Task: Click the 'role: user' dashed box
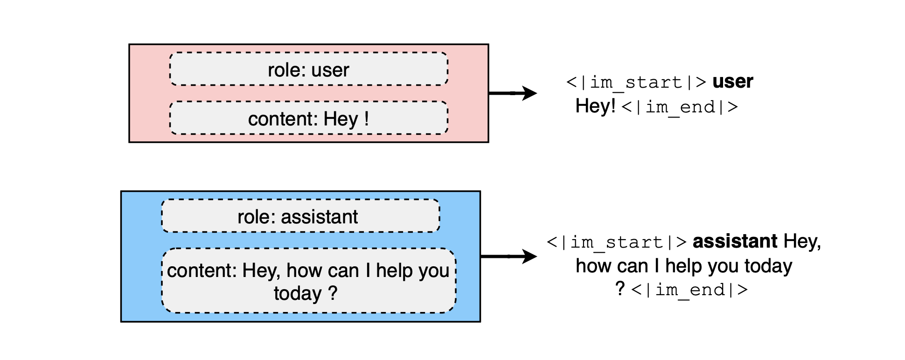click(309, 69)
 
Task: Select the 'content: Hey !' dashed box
click(309, 118)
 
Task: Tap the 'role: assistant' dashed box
click(300, 216)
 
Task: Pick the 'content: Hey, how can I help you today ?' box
click(308, 280)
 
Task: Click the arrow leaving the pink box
click(513, 93)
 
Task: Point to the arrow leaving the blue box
click(508, 256)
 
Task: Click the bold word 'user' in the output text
click(732, 82)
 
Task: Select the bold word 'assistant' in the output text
click(735, 242)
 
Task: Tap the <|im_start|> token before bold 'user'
click(636, 83)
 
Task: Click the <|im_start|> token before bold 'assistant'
click(617, 242)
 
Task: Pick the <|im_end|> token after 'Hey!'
click(680, 107)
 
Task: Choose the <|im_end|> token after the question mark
click(689, 290)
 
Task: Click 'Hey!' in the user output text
click(595, 106)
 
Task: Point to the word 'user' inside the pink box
click(330, 70)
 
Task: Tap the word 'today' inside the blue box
click(298, 294)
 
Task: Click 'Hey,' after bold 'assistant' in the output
click(802, 242)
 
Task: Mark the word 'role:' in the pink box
click(287, 70)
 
